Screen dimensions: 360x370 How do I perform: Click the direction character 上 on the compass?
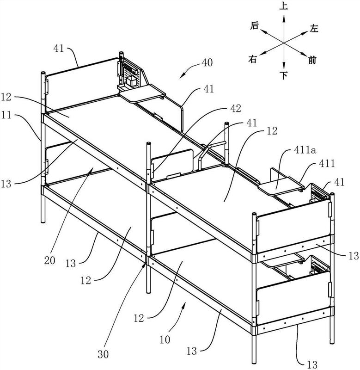pyautogui.click(x=284, y=6)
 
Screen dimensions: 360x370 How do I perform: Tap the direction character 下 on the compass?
pyautogui.click(x=284, y=75)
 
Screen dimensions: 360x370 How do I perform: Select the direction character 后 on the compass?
pyautogui.click(x=254, y=25)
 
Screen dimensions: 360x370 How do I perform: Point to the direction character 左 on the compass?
pyautogui.click(x=314, y=29)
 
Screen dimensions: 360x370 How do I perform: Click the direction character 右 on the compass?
pyautogui.click(x=252, y=59)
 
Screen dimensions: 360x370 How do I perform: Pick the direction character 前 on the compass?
pyautogui.click(x=312, y=60)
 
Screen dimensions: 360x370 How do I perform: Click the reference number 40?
pyautogui.click(x=207, y=63)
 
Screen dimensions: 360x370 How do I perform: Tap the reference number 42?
pyautogui.click(x=235, y=108)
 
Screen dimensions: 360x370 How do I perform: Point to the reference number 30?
pyautogui.click(x=103, y=354)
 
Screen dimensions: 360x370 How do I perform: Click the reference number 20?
pyautogui.click(x=49, y=260)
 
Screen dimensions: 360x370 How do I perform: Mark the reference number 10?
pyautogui.click(x=165, y=340)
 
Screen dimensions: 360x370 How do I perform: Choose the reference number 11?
pyautogui.click(x=6, y=116)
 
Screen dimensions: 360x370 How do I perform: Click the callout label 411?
pyautogui.click(x=327, y=163)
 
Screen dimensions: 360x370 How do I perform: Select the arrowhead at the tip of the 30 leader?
pyautogui.click(x=145, y=266)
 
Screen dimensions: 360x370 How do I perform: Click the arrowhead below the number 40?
pyautogui.click(x=183, y=75)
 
